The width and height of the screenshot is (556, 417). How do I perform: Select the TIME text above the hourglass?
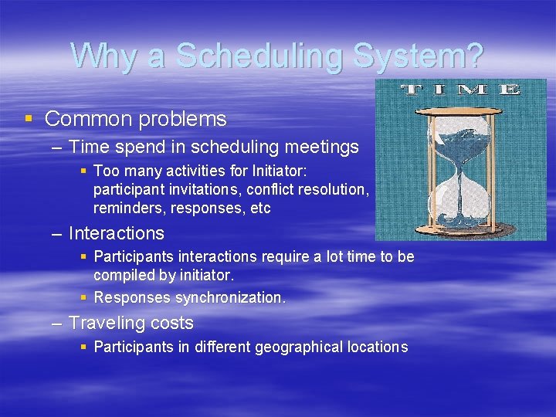461,90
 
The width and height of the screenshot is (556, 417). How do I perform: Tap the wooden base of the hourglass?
460,229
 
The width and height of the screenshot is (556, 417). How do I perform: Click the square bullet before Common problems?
29,119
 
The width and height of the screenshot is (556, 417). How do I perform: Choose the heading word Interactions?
117,233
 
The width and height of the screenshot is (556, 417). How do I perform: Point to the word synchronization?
230,297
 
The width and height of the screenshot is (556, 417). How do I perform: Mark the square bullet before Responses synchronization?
84,297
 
